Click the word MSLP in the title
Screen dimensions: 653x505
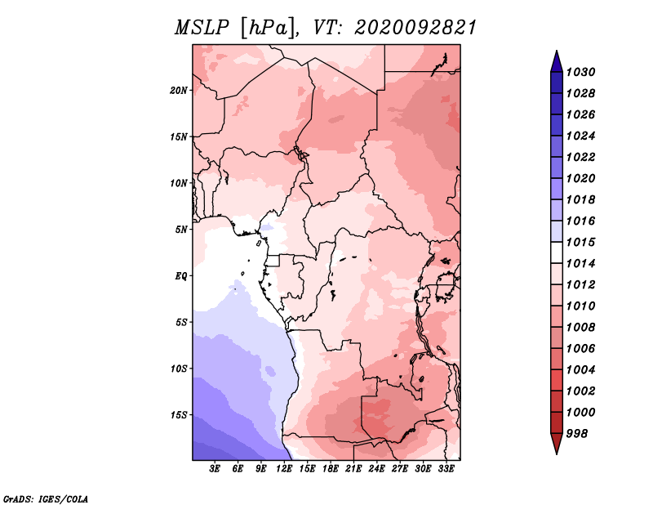pos(202,28)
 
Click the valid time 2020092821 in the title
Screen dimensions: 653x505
pos(415,28)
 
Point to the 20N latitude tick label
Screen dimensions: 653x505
pos(179,91)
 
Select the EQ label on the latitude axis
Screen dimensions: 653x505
pos(181,275)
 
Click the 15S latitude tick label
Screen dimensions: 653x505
pos(179,415)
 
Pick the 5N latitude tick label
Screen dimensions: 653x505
pos(181,230)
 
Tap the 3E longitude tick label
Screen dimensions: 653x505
pos(215,469)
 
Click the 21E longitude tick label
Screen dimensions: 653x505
pos(353,469)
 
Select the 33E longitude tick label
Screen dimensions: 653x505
pos(446,469)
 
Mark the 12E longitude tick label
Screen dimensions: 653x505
pos(284,469)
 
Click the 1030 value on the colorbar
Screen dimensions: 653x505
pos(581,72)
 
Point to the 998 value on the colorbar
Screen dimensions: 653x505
pos(577,434)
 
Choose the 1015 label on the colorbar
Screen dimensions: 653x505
pos(581,242)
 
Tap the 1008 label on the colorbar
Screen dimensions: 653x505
pos(581,328)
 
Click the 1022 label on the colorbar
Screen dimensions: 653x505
pos(581,157)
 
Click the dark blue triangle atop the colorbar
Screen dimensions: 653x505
pos(557,64)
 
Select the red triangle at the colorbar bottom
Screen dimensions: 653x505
pos(557,442)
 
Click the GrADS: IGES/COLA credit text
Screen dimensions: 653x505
pos(46,498)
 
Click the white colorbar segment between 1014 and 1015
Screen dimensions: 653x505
pos(557,252)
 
